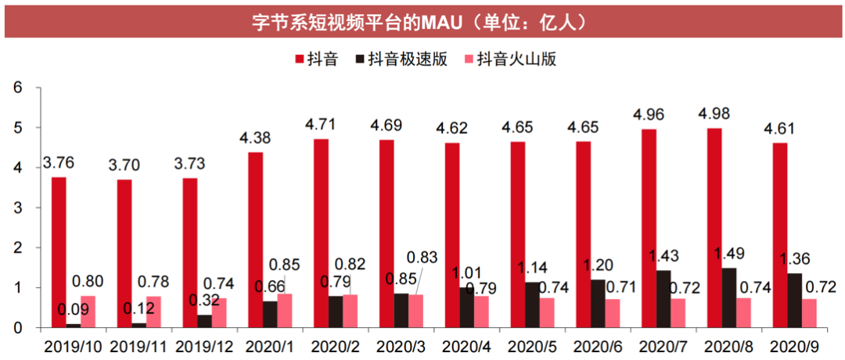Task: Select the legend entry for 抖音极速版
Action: (x=400, y=59)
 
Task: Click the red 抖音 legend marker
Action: (x=300, y=59)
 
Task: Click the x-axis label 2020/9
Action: (x=794, y=344)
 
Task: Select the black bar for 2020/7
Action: (x=663, y=298)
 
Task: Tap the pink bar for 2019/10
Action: (x=88, y=311)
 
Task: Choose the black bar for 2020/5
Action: (x=532, y=304)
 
